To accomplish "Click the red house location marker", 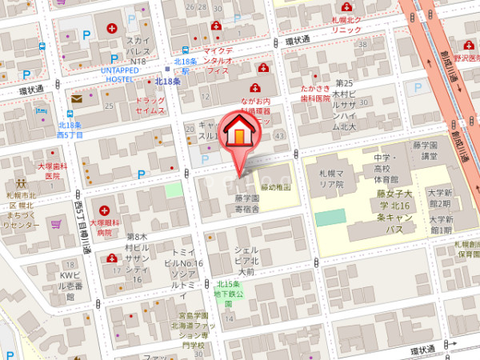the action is (238, 134).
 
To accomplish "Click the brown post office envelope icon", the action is (77, 98).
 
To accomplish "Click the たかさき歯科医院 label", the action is (315, 93).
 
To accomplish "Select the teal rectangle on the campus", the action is (330, 218).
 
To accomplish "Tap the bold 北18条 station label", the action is (167, 82).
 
